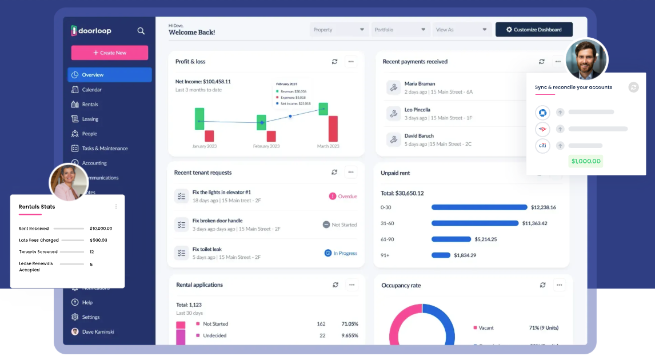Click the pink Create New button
(x=109, y=53)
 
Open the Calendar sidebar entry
(x=91, y=90)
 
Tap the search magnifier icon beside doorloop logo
(x=141, y=31)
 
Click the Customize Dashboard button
(x=534, y=30)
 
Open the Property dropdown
(x=339, y=30)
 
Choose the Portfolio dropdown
(x=401, y=30)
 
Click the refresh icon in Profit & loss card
(x=335, y=62)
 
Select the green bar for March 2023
(x=323, y=109)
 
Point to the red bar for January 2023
(x=209, y=136)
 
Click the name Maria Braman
(x=420, y=84)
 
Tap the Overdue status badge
(x=343, y=197)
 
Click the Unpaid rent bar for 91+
(x=441, y=255)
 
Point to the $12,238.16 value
(x=543, y=207)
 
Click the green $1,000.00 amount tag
(x=586, y=161)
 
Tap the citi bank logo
(x=542, y=146)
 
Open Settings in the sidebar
(x=90, y=317)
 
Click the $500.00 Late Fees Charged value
(x=98, y=241)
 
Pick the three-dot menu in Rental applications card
(x=351, y=285)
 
